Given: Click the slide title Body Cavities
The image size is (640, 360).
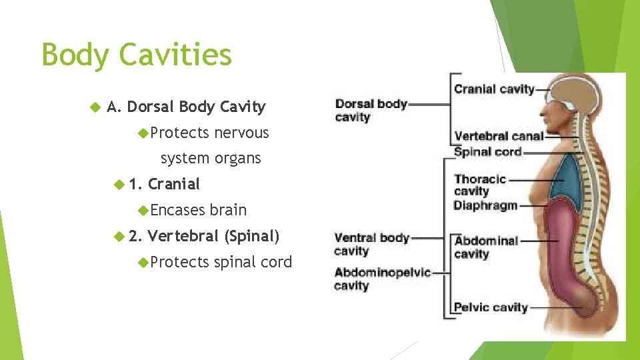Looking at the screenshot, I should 137,54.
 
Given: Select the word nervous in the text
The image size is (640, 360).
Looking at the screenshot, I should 241,133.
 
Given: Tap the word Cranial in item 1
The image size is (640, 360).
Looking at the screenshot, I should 174,184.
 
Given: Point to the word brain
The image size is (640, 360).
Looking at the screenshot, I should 228,210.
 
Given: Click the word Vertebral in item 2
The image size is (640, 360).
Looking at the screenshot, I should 183,236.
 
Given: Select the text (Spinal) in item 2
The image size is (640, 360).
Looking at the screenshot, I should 252,236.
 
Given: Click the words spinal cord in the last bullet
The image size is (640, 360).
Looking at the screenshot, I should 253,262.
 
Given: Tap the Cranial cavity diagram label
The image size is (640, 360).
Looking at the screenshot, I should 494,89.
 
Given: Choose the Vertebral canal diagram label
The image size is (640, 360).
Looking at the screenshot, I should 498,136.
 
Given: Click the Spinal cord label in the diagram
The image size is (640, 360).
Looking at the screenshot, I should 487,151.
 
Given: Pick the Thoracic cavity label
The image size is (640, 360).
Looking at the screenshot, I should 479,185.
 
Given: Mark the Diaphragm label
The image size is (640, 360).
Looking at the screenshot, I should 485,205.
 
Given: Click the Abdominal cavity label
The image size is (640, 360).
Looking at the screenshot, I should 485,247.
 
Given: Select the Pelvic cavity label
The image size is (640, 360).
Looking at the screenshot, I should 490,307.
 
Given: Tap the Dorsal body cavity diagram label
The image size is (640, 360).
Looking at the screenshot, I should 371,110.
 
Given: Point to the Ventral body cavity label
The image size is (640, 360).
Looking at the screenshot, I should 371,244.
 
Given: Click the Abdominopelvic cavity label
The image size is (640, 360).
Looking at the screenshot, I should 382,279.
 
